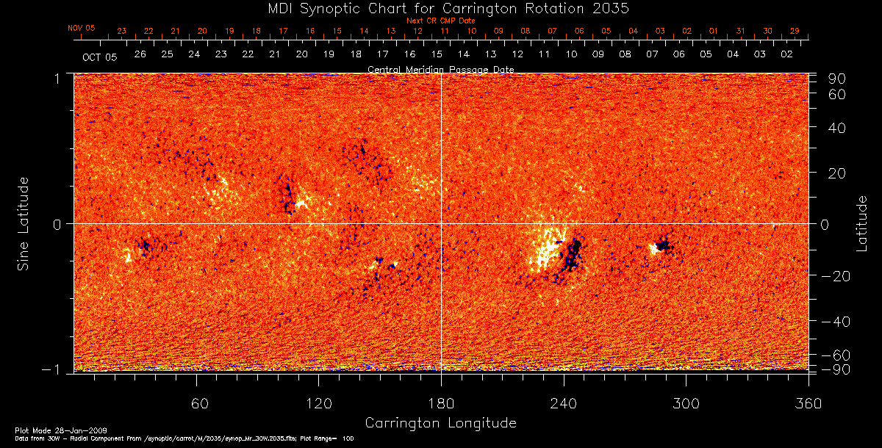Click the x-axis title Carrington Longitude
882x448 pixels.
pos(440,423)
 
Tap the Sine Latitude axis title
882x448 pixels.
pos(24,223)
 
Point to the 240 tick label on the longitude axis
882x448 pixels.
pos(564,403)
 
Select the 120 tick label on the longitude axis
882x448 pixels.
pos(318,403)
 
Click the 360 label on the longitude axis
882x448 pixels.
pos(808,403)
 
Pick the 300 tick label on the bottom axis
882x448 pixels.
pos(686,403)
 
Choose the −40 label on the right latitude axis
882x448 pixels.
pos(835,322)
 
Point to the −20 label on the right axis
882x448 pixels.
pos(835,276)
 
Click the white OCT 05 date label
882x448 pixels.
pos(99,57)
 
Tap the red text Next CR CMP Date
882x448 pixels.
pos(441,21)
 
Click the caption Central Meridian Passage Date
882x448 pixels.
pos(440,69)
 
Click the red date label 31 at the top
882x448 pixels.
pos(741,31)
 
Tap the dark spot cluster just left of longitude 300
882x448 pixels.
pos(664,245)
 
